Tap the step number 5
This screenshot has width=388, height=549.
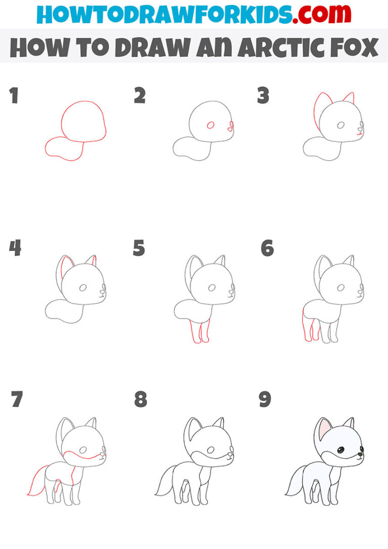[139, 248]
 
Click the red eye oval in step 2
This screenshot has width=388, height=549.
[211, 125]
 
